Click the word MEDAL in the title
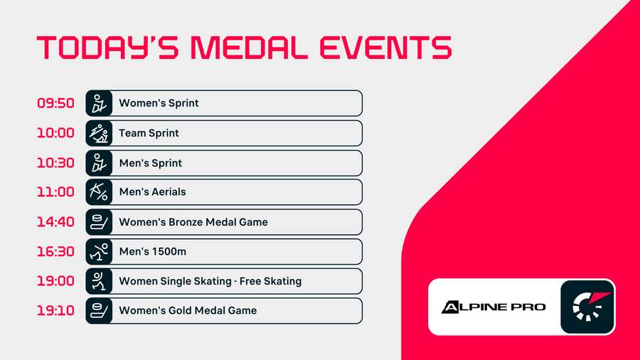coord(250,48)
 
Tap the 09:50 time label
coord(55,103)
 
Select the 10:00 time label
coord(55,133)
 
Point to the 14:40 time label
coord(55,222)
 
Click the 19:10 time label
coord(55,311)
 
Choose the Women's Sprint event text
coord(159,103)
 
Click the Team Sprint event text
coord(149,133)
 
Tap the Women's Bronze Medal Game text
coord(193,222)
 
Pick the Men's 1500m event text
coord(152,252)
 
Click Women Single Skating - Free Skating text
coord(210,281)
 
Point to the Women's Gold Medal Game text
coord(188,311)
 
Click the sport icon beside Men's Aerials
coord(99,192)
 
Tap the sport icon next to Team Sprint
coord(99,133)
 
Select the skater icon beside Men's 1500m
coord(99,252)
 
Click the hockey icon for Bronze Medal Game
coord(99,222)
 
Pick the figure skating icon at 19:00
coord(99,281)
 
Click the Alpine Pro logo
coord(494,307)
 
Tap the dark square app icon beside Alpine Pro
coord(587,307)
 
